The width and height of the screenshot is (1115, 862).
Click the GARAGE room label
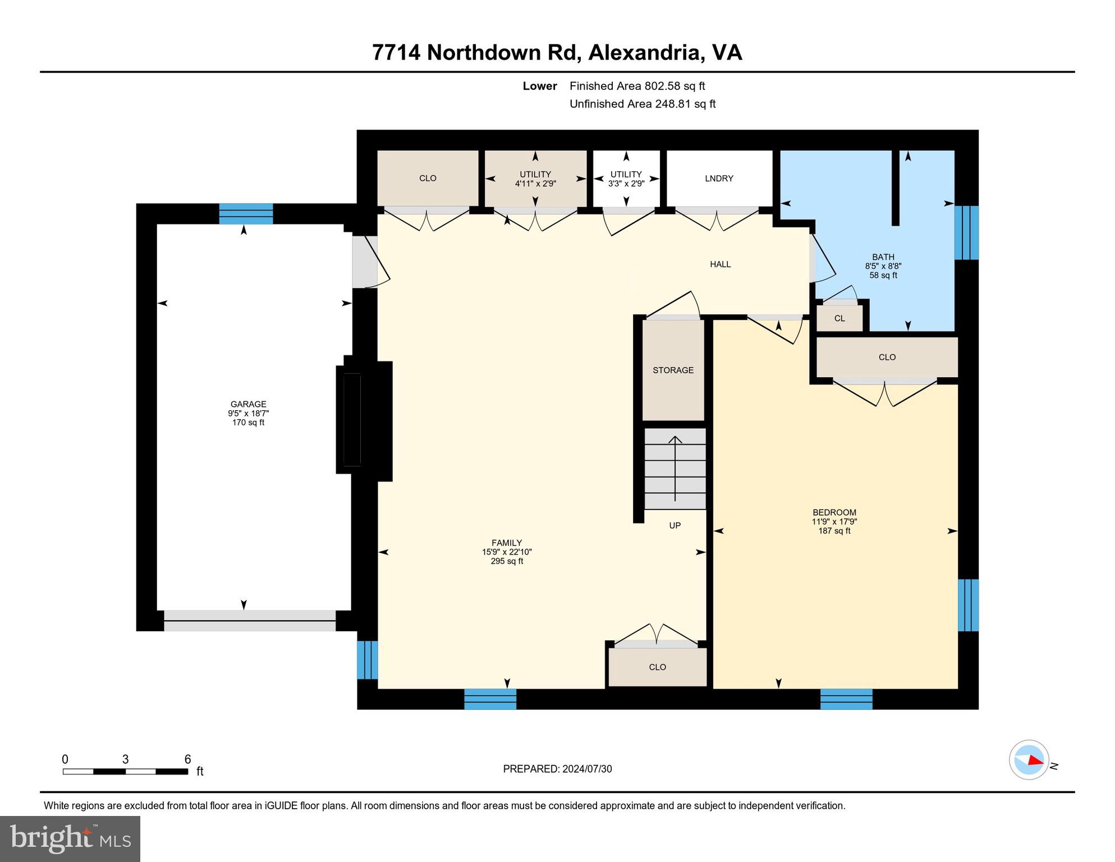248,404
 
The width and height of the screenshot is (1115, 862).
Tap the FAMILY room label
507,543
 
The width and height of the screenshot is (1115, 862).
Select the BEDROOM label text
834,512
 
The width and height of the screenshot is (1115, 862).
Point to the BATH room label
883,257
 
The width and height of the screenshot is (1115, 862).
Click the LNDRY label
719,178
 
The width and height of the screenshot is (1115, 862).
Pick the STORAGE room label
673,370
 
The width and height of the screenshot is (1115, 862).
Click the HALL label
720,264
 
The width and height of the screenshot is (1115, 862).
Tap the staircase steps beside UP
675,468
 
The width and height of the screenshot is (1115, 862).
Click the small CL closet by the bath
839,319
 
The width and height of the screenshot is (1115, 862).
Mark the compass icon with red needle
1029,760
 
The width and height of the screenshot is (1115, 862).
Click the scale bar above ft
125,772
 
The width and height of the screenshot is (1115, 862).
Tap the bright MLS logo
70,838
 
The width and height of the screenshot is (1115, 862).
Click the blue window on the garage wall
246,214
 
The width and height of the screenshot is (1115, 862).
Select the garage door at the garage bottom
250,620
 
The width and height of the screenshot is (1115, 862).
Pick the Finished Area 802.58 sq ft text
637,86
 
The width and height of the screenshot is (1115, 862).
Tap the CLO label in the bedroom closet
887,357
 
